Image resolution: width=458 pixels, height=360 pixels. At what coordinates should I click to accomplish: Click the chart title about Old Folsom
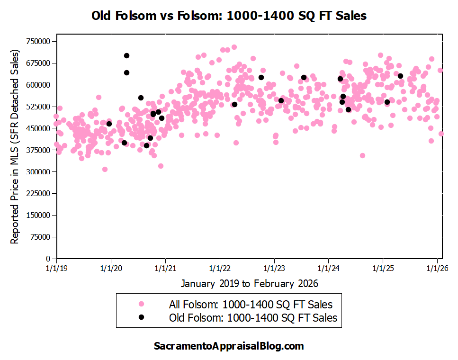(229, 16)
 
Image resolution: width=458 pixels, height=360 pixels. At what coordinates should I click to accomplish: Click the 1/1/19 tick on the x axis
(56, 268)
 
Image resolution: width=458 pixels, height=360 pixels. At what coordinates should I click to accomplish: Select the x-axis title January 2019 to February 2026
(249, 283)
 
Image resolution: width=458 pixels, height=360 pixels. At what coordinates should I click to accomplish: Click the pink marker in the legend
(141, 304)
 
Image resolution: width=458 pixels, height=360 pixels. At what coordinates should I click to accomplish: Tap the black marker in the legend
(141, 317)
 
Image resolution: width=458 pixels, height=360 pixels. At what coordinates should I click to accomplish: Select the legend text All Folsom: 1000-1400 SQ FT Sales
(251, 304)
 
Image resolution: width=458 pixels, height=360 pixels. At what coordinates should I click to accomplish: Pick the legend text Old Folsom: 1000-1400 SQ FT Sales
(253, 318)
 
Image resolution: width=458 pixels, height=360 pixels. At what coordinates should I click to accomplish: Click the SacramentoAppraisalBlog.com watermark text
(229, 346)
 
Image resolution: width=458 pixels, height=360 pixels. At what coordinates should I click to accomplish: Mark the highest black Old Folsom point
(126, 55)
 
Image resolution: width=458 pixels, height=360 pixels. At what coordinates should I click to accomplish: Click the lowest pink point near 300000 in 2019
(105, 169)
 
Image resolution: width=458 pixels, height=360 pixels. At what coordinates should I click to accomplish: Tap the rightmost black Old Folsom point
(400, 76)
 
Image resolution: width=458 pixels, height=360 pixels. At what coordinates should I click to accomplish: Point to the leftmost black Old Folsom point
(109, 124)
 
